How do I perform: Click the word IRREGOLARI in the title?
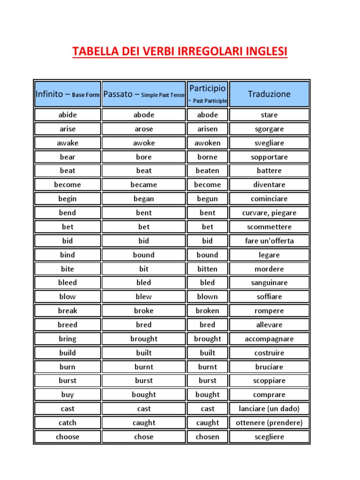(x=213, y=51)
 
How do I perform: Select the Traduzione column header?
(x=269, y=94)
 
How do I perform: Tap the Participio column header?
(x=207, y=94)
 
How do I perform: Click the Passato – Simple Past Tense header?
(x=144, y=94)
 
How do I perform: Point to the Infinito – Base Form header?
(x=67, y=94)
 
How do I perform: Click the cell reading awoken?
(x=207, y=143)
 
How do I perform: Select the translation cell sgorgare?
(x=269, y=129)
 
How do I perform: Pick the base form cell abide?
(x=67, y=115)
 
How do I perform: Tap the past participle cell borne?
(x=207, y=157)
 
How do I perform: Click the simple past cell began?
(x=144, y=199)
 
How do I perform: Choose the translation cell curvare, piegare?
(x=269, y=213)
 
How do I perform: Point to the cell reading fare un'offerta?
(x=269, y=241)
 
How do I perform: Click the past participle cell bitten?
(x=207, y=269)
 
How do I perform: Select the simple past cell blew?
(x=144, y=297)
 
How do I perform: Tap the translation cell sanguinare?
(x=269, y=283)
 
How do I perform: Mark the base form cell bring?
(x=67, y=339)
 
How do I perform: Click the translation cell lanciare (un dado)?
(x=269, y=409)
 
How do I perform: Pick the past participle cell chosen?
(x=207, y=437)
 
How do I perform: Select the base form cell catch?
(x=67, y=423)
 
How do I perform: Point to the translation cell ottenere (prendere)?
(x=269, y=423)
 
